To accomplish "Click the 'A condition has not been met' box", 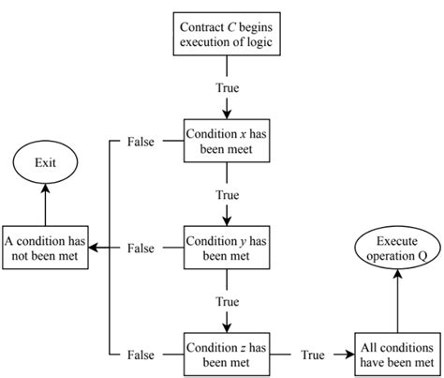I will (x=46, y=248).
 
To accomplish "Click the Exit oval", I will (x=45, y=161).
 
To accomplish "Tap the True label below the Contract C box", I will (x=227, y=88).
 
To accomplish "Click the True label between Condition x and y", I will (x=227, y=195).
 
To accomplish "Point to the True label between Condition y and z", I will (x=227, y=301).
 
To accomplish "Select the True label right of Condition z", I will (x=312, y=355).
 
